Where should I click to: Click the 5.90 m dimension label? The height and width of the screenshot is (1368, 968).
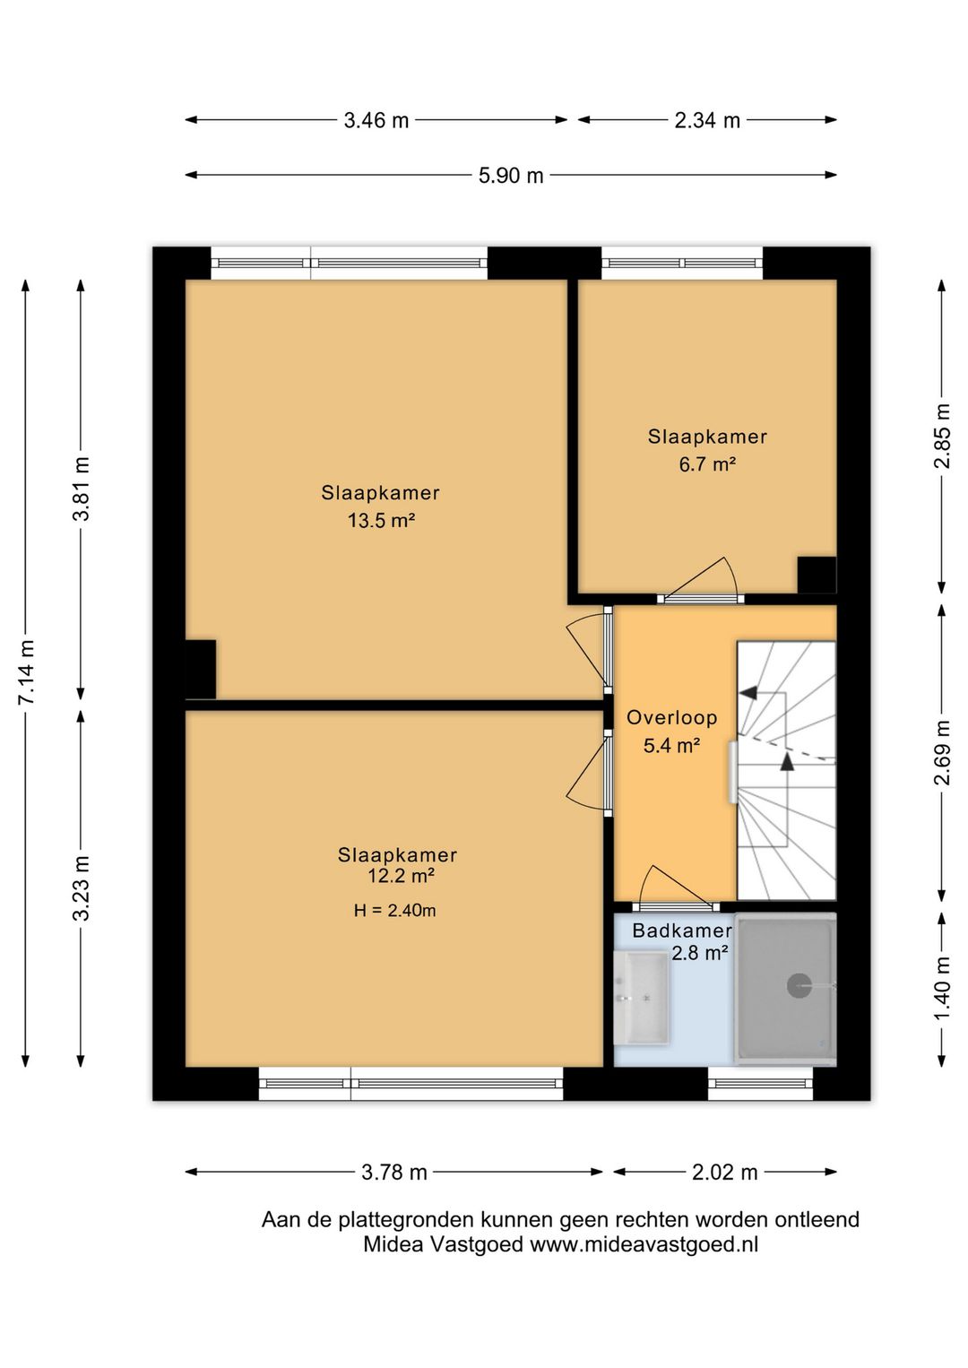[x=511, y=176]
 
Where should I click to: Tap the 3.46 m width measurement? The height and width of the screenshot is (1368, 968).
[x=376, y=120]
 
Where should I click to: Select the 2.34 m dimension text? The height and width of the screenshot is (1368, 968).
[x=707, y=120]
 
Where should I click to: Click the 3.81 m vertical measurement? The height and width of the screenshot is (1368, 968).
[x=81, y=489]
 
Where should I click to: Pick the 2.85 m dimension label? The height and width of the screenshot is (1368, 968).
[x=942, y=436]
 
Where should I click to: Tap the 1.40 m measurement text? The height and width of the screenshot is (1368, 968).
[x=942, y=988]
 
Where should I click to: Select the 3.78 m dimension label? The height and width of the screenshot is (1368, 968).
[x=393, y=1173]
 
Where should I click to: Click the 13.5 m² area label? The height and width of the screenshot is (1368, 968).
[x=381, y=521]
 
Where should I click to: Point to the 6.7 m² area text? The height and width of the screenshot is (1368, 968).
[x=707, y=464]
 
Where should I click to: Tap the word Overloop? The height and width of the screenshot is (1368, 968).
[x=672, y=717]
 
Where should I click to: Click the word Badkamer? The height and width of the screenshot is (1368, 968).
[x=682, y=931]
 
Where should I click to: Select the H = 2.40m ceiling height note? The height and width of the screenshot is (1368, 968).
[x=394, y=911]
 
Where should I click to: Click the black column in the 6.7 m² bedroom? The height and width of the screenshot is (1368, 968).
[x=817, y=575]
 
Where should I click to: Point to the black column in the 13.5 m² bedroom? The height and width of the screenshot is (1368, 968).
[x=200, y=669]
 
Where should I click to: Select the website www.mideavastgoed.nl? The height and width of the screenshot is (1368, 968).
[x=644, y=1244]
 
